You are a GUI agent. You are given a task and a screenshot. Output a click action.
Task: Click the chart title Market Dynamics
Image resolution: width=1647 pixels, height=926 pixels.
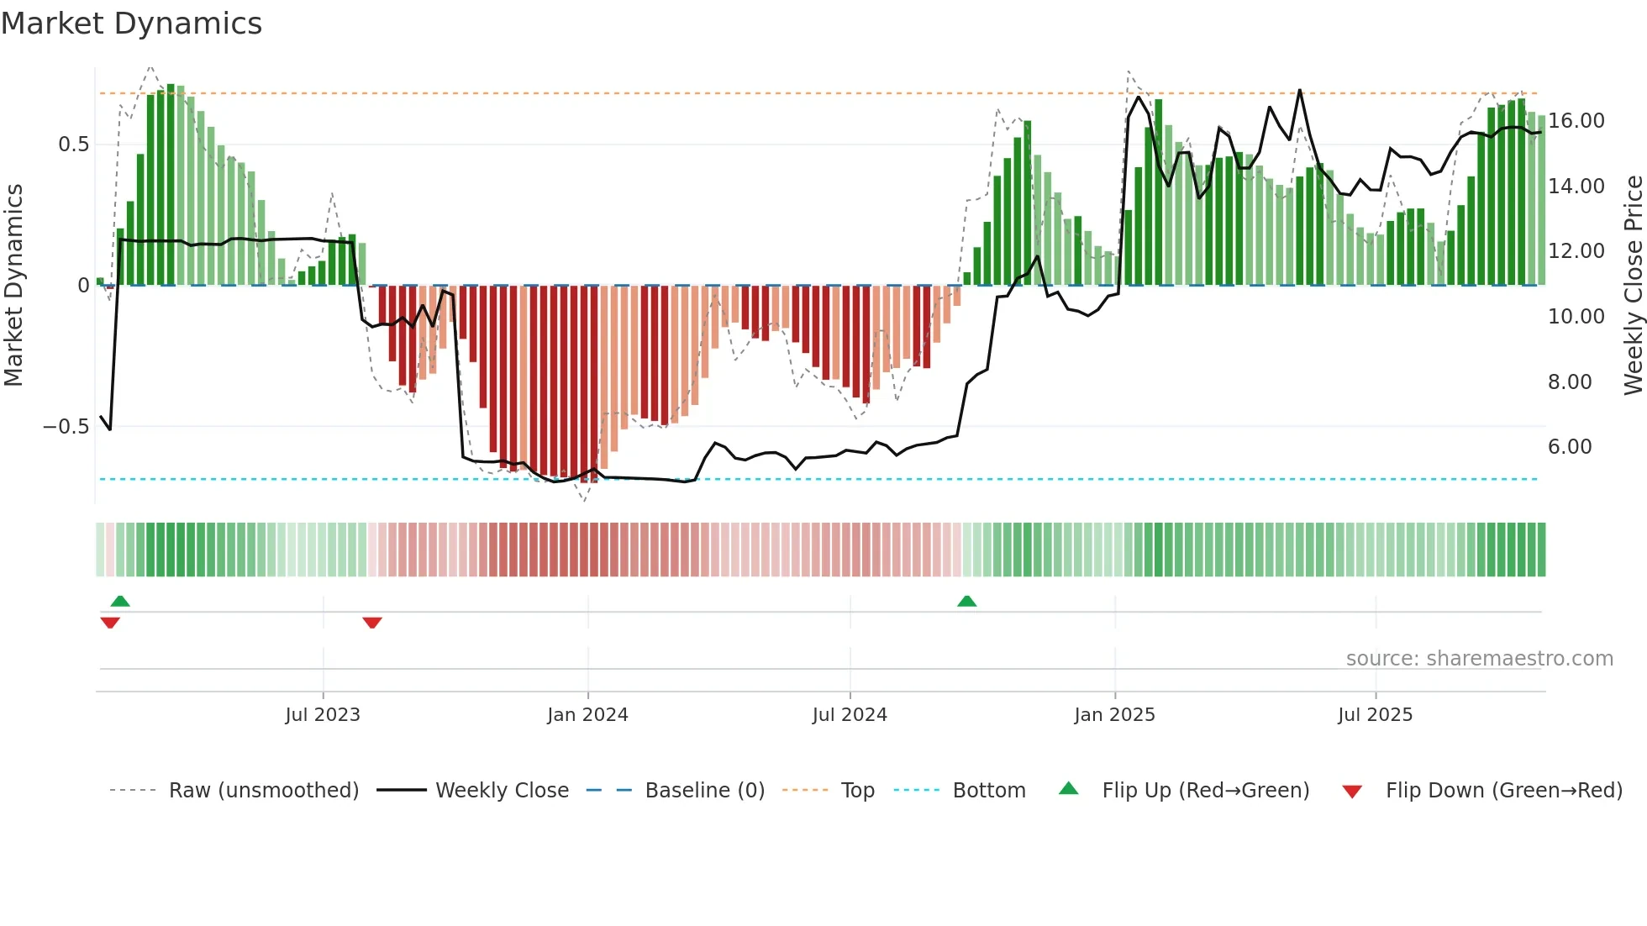[x=132, y=24]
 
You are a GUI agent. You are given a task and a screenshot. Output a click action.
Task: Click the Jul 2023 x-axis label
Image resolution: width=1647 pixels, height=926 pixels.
[x=323, y=715]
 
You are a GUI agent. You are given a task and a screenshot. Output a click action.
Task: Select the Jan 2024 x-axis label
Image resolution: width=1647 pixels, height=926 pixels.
[x=587, y=715]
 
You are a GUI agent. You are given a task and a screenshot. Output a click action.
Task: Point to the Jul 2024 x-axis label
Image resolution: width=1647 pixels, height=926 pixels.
[x=850, y=715]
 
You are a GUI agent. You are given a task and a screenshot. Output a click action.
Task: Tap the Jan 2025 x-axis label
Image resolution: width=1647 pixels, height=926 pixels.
[x=1114, y=715]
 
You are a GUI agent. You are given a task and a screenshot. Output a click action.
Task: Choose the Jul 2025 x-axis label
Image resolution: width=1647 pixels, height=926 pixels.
[x=1376, y=715]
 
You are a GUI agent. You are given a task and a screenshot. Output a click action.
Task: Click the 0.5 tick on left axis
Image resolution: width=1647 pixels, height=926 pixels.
[x=73, y=145]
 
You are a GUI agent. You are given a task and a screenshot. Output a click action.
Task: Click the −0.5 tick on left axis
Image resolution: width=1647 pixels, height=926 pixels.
[x=66, y=427]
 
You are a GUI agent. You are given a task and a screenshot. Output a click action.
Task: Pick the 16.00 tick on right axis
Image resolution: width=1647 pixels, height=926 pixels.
[x=1576, y=121]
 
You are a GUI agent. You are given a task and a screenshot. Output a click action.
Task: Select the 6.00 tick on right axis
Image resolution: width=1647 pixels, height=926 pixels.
[x=1570, y=447]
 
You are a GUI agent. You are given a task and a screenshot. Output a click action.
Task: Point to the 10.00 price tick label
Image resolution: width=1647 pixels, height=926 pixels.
[x=1576, y=317]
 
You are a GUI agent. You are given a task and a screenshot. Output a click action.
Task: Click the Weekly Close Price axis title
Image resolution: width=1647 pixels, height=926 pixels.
[x=1633, y=286]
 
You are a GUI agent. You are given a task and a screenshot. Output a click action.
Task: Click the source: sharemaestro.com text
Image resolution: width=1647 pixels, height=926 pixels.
[x=1479, y=659]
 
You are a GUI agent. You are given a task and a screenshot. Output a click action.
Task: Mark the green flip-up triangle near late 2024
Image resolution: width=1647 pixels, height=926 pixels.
[x=966, y=602]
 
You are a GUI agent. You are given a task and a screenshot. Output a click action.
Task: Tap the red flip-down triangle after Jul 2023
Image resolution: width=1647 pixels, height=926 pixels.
[x=372, y=623]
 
